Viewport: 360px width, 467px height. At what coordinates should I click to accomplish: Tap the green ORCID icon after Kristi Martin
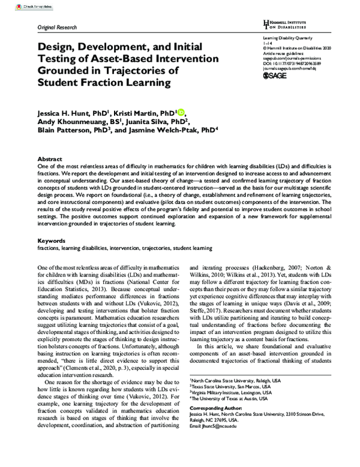tap(181, 112)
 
